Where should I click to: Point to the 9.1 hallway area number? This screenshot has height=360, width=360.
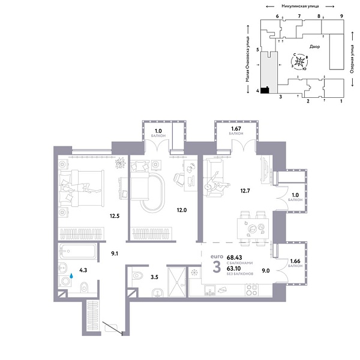tap(115, 253)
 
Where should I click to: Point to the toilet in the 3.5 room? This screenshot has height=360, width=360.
tap(137, 276)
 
